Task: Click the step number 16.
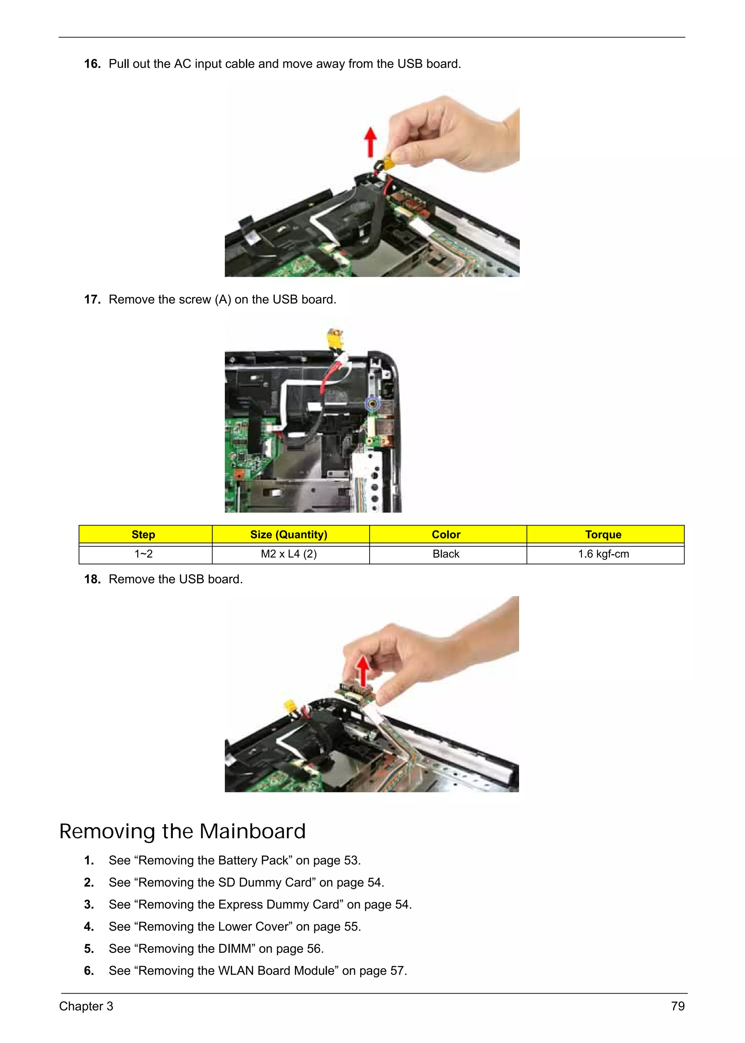(x=92, y=64)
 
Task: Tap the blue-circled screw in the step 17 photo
(x=373, y=404)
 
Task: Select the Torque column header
(x=603, y=534)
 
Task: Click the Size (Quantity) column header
(x=288, y=534)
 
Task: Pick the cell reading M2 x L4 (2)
(x=288, y=554)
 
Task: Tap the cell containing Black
(x=446, y=554)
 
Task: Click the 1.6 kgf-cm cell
(x=603, y=554)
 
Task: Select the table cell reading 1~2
(x=144, y=554)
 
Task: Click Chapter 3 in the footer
(x=86, y=1006)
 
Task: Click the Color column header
(x=446, y=534)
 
